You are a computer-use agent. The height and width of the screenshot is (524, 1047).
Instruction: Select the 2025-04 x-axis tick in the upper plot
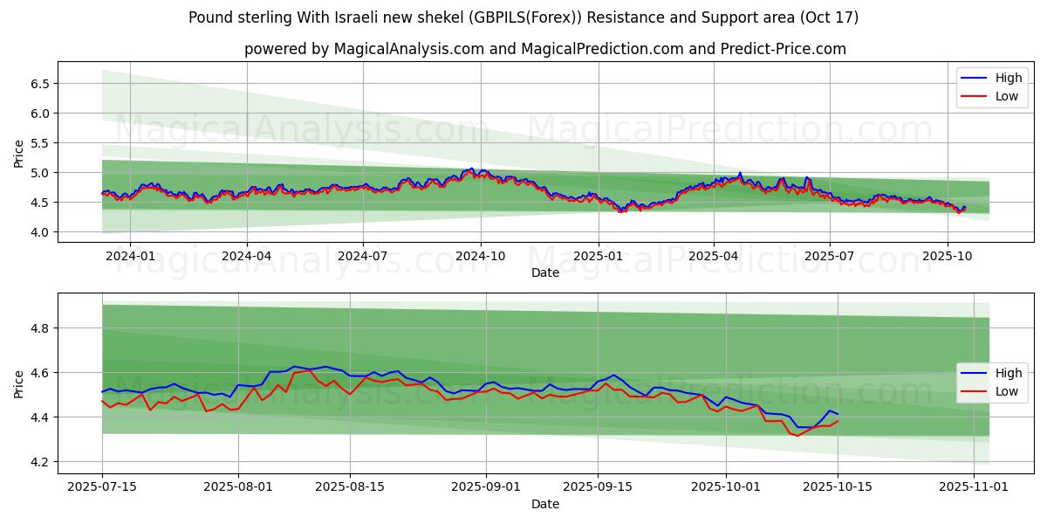713,256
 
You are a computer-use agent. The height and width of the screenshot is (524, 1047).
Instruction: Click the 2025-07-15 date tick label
102,487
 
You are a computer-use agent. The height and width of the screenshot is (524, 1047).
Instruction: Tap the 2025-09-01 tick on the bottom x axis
474,487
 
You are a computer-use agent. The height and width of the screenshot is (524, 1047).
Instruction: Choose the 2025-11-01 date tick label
974,487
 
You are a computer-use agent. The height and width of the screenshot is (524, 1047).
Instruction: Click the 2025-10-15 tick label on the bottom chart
838,487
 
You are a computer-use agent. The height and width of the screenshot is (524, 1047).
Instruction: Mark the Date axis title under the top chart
545,272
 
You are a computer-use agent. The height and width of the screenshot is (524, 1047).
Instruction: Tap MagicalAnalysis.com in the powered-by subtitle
408,49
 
